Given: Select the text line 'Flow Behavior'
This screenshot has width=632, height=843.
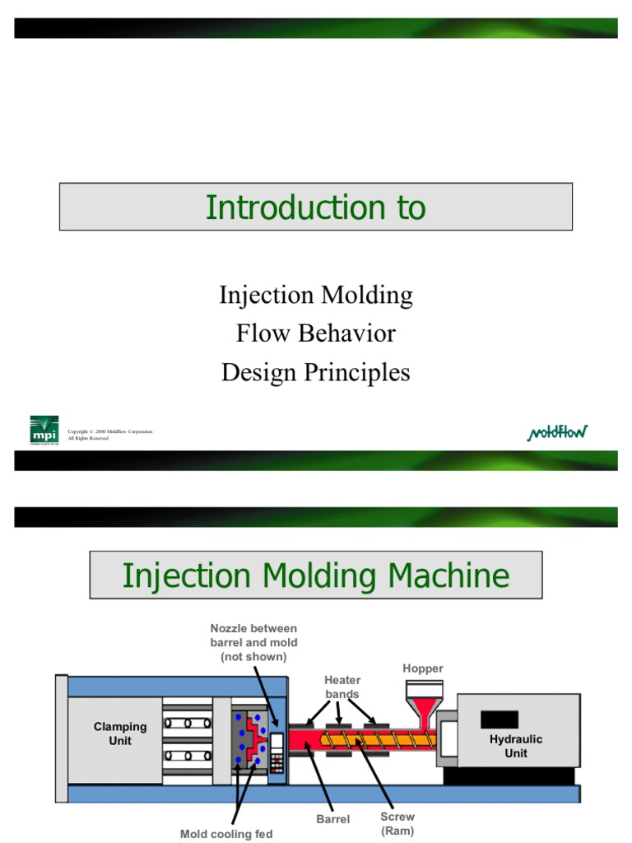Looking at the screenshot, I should (316, 333).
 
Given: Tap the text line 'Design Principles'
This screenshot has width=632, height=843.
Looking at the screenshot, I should (316, 372).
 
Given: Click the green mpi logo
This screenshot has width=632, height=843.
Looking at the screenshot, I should (44, 430).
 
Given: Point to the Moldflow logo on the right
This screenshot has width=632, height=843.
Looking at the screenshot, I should (557, 432).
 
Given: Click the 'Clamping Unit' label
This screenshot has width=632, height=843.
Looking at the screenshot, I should (120, 734).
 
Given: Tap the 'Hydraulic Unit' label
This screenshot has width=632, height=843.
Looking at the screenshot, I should (516, 746).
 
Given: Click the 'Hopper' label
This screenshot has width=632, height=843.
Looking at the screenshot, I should (422, 668).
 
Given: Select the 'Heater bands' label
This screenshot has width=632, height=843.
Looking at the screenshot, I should (342, 687).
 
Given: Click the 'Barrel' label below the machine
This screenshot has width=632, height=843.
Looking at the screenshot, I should (333, 819).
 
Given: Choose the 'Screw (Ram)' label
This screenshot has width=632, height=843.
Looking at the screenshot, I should (397, 823).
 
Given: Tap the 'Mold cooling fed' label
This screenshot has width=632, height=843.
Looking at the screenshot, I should (226, 834).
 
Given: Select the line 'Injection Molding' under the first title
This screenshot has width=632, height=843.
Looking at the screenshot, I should (316, 295).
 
